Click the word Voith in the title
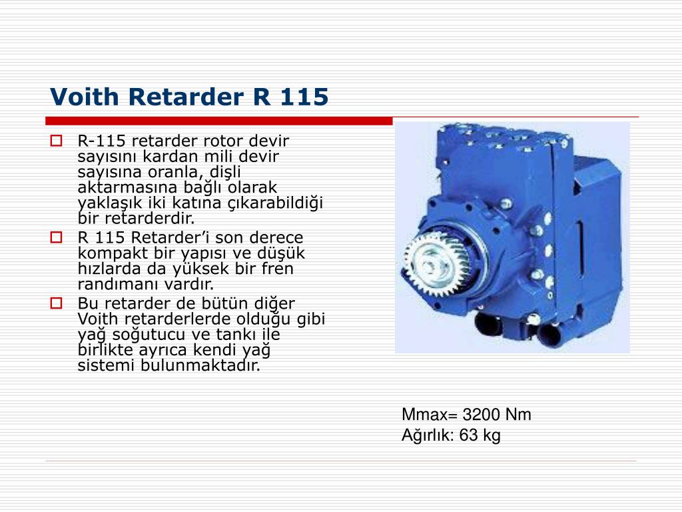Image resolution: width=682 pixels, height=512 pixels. click(x=85, y=97)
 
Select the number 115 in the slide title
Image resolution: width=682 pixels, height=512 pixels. click(x=304, y=97)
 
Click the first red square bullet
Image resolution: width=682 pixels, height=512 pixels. click(x=56, y=141)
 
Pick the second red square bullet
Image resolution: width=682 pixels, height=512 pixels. click(x=56, y=237)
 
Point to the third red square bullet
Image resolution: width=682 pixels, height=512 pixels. click(x=56, y=303)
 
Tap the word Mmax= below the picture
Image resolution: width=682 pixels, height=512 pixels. click(x=430, y=415)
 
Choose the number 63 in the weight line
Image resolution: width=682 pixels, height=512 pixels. click(x=468, y=435)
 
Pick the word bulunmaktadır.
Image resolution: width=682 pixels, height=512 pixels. click(x=200, y=365)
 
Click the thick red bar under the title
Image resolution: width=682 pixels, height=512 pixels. click(x=218, y=121)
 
